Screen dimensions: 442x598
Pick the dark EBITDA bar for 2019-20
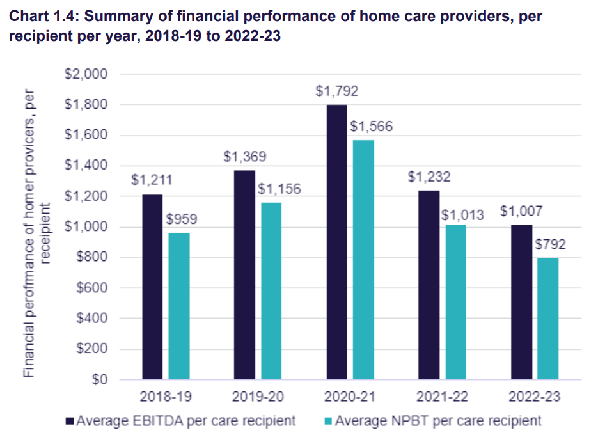tap(245, 275)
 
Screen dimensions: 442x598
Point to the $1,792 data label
tap(337, 91)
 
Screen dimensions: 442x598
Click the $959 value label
tap(182, 219)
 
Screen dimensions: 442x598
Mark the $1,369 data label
tap(245, 157)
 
